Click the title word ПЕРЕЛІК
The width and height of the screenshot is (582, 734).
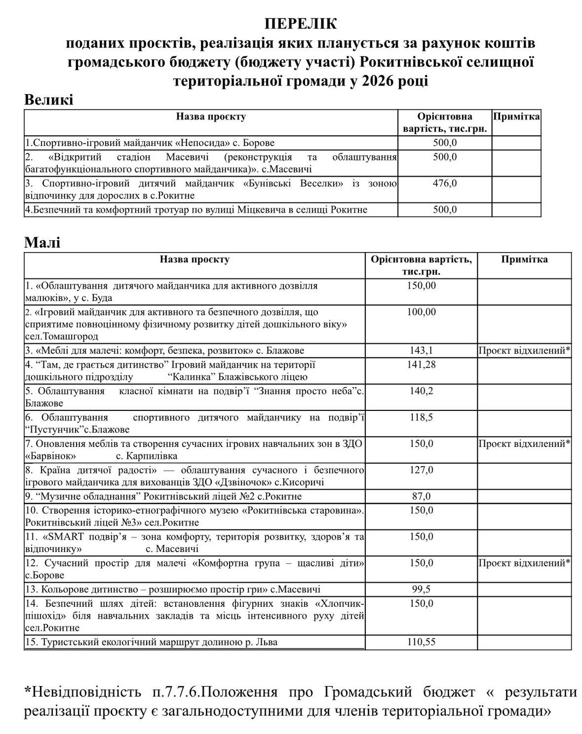click(x=300, y=24)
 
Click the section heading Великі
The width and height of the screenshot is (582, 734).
click(x=48, y=100)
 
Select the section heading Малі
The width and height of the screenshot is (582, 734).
click(x=43, y=242)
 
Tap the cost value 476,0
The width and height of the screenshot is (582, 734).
click(x=445, y=183)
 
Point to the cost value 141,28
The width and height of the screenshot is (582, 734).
click(x=421, y=365)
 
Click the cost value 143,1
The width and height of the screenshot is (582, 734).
click(x=421, y=351)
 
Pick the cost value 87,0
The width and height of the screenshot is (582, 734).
click(x=421, y=496)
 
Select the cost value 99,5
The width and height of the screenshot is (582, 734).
click(x=421, y=589)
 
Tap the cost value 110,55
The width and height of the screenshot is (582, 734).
click(x=421, y=642)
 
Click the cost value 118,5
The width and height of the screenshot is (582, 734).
click(x=421, y=417)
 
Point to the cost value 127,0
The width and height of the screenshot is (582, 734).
click(x=421, y=470)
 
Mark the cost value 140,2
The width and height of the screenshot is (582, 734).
click(x=421, y=391)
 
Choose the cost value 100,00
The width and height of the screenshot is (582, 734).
click(x=421, y=312)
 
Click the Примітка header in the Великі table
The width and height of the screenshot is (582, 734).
click(x=516, y=116)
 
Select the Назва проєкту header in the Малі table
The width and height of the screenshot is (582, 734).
click(x=195, y=260)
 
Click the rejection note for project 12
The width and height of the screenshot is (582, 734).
click(x=524, y=563)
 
